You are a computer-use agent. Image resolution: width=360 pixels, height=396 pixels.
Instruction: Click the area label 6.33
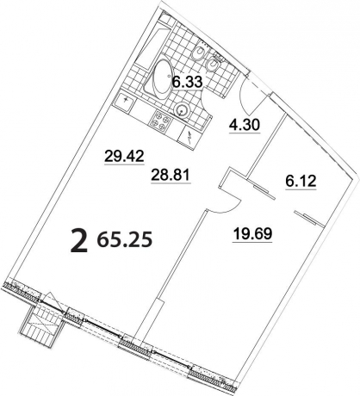point(187,84)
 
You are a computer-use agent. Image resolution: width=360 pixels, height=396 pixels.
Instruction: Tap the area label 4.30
point(244,125)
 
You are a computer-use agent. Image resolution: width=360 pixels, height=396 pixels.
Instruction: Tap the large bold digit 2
point(79,243)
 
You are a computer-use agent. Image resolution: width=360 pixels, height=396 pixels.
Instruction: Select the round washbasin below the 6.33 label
point(183,109)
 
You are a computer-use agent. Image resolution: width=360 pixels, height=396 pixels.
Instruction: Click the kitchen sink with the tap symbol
point(129,101)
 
